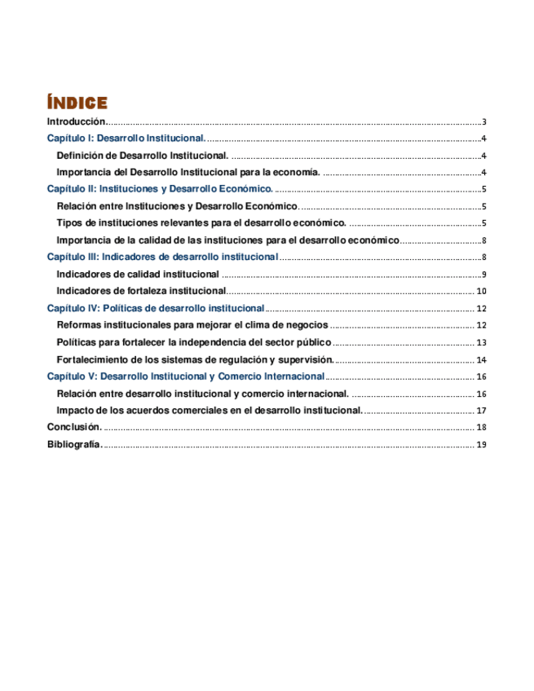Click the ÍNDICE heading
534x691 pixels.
coord(77,103)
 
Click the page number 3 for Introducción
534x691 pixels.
coord(484,121)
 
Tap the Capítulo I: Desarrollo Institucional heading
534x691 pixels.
coord(126,139)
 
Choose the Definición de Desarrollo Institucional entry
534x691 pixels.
coord(143,155)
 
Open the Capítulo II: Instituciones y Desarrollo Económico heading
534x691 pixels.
coord(160,189)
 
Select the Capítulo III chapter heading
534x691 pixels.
coord(163,257)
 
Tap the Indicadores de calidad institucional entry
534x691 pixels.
coord(138,274)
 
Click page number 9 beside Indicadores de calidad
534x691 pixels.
coord(484,274)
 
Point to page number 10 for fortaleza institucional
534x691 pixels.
coord(482,291)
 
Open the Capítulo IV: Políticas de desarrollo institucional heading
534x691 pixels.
coord(156,308)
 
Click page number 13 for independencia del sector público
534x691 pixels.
coord(482,342)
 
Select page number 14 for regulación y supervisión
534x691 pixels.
coord(482,359)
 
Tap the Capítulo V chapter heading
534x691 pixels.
coord(186,376)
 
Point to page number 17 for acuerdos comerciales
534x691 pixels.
coord(482,411)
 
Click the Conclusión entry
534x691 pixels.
coord(74,427)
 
